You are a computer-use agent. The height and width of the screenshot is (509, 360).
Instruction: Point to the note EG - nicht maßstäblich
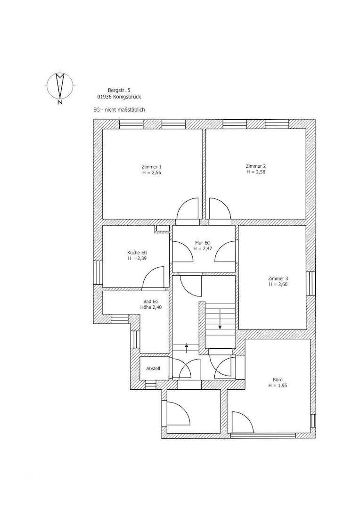[119, 109]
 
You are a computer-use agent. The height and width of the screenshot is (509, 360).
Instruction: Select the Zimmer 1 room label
[151, 167]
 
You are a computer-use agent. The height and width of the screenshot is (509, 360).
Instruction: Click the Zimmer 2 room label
[256, 166]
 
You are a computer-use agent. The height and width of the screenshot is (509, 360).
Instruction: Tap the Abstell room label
[153, 368]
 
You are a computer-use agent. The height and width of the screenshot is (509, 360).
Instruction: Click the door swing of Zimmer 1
[188, 209]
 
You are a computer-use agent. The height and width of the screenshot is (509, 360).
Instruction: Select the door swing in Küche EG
[154, 278]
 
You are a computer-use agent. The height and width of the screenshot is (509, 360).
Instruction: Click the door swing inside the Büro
[242, 422]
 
